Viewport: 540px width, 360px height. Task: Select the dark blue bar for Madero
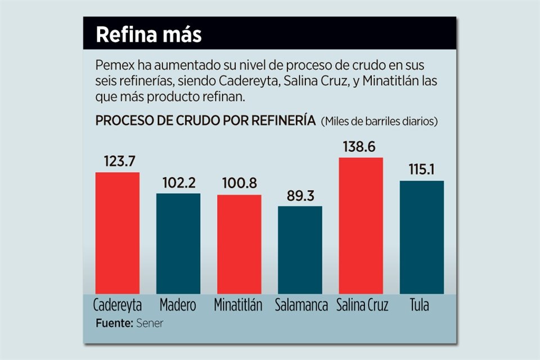(x=178, y=243)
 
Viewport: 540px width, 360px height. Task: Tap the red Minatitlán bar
(x=239, y=244)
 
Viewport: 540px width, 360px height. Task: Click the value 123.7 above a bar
(x=119, y=161)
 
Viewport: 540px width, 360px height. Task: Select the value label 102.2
(x=179, y=183)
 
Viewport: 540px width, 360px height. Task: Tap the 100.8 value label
(x=239, y=184)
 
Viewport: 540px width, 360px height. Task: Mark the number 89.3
(x=300, y=196)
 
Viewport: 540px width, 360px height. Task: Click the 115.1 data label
(x=422, y=170)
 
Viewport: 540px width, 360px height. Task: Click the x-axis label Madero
(x=178, y=305)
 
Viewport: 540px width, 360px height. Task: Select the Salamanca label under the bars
(x=301, y=305)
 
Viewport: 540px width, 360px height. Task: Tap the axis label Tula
(x=419, y=305)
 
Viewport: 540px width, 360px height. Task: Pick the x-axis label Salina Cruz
(x=364, y=305)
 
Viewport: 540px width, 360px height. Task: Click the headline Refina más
(x=148, y=34)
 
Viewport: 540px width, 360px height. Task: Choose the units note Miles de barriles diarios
(x=379, y=121)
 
